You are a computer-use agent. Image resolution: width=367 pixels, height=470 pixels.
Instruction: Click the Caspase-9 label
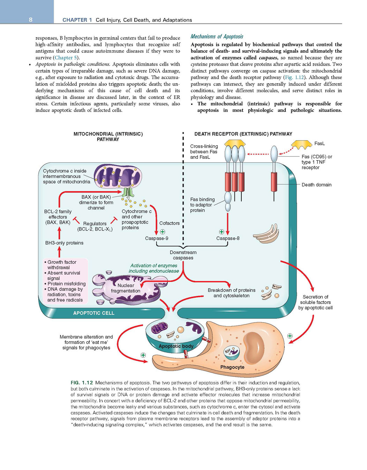tap(157, 238)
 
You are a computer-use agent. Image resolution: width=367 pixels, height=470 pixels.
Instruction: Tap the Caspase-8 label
tap(228, 238)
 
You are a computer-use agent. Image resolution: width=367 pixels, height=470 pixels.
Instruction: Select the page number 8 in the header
tap(31, 20)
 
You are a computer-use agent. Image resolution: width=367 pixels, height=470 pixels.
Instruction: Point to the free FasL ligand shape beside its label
tap(301, 145)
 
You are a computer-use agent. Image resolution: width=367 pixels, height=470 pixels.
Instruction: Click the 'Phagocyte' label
tap(232, 367)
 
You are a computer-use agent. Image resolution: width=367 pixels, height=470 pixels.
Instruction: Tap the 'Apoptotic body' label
tap(176, 346)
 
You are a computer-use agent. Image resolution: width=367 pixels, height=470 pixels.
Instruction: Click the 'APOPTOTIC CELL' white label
tap(94, 313)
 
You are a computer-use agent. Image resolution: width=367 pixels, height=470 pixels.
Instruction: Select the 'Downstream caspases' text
tap(183, 255)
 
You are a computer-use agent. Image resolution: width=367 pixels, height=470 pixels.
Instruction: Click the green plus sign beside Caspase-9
tap(163, 232)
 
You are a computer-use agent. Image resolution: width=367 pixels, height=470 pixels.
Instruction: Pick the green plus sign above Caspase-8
tap(222, 232)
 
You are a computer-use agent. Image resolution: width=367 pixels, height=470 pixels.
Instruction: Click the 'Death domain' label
tap(316, 185)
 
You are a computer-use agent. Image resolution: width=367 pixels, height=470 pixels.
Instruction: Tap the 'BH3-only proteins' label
tap(64, 243)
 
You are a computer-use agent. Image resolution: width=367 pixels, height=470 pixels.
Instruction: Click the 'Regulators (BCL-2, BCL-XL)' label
tap(95, 227)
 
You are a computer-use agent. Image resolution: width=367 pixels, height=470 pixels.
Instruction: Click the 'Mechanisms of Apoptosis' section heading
tap(217, 37)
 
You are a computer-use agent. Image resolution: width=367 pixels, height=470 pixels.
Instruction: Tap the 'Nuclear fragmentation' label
tap(126, 288)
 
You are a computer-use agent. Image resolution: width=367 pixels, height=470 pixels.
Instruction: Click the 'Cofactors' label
tap(169, 223)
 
